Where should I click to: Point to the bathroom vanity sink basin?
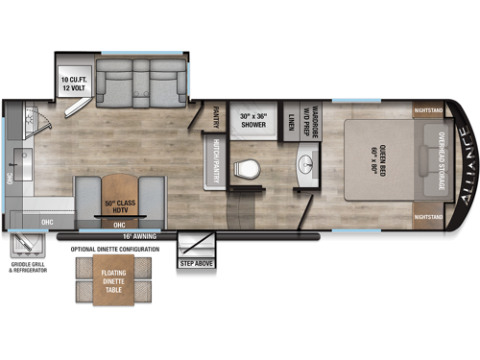point(307,163)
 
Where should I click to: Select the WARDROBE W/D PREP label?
point(311,119)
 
